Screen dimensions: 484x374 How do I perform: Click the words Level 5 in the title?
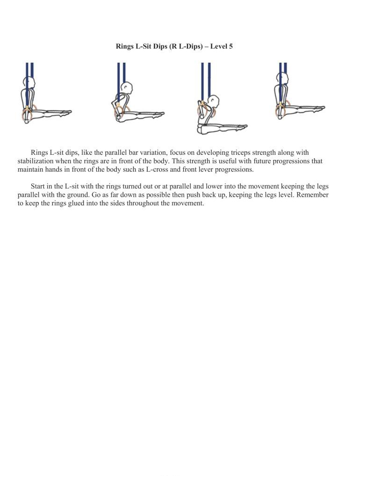click(221, 46)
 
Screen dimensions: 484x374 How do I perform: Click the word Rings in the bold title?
click(125, 46)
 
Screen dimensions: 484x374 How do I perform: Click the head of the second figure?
click(126, 87)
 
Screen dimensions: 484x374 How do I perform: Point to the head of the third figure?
click(213, 101)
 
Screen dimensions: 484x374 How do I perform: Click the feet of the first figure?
click(67, 112)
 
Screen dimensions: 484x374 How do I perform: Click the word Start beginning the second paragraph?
click(38, 186)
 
